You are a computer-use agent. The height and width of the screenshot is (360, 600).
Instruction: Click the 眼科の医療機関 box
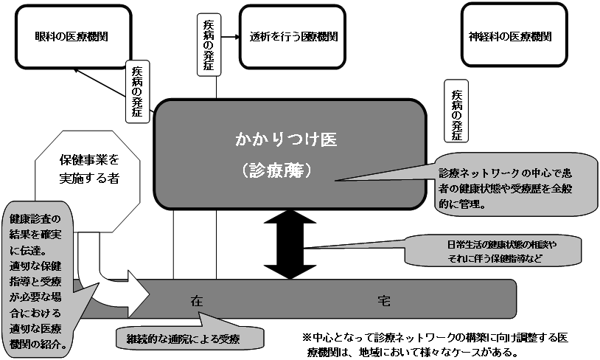pyautogui.click(x=72, y=36)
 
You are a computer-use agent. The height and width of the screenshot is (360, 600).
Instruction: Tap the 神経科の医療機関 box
pyautogui.click(x=509, y=36)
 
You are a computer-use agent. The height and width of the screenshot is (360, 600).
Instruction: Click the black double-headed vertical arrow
pyautogui.click(x=287, y=244)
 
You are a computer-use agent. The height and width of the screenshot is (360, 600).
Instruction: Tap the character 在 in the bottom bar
pyautogui.click(x=195, y=301)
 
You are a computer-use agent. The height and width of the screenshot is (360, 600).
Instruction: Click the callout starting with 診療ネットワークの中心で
pyautogui.click(x=500, y=189)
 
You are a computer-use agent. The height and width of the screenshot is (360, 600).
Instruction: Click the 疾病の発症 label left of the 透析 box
pyautogui.click(x=209, y=44)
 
